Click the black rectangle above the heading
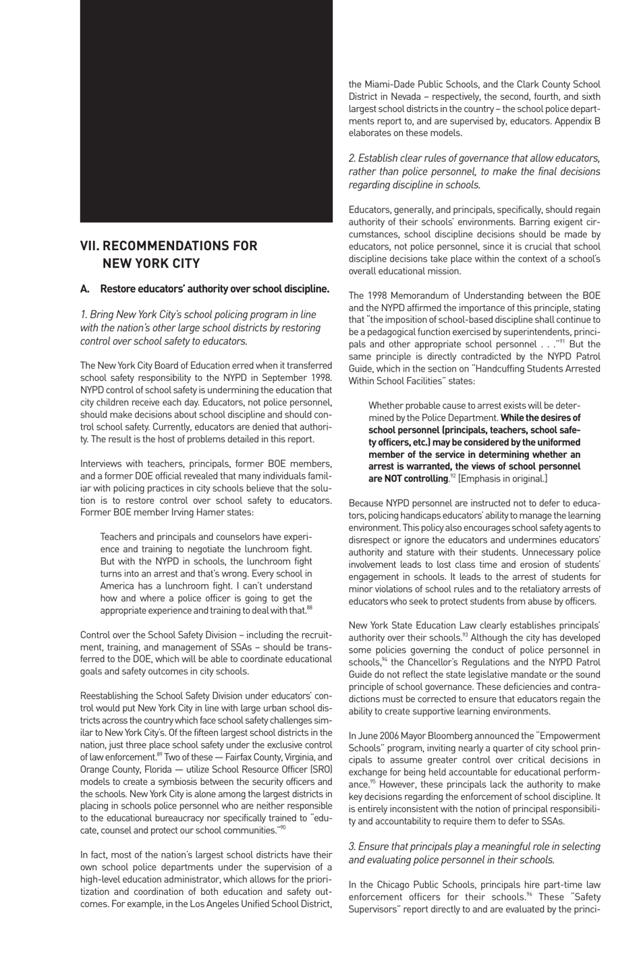pyautogui.click(x=206, y=111)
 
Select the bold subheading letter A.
pyautogui.click(x=84, y=289)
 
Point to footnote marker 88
pyautogui.click(x=309, y=608)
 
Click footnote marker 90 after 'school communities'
pyautogui.click(x=283, y=826)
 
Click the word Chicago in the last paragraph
pyautogui.click(x=401, y=884)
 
